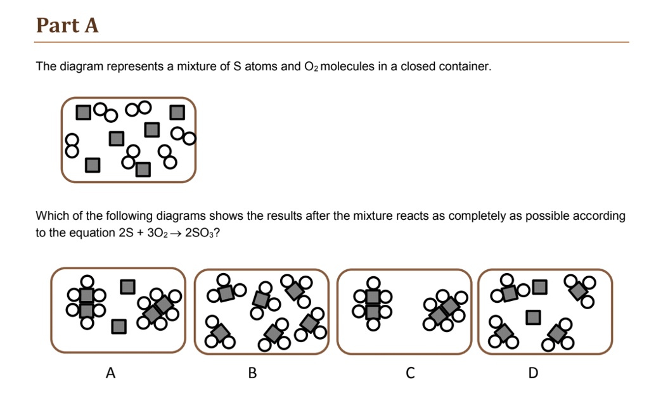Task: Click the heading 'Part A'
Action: (67, 25)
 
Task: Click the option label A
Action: (111, 373)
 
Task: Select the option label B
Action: (252, 373)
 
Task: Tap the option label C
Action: (410, 373)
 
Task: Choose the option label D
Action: (533, 373)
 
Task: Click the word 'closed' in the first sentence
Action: (418, 67)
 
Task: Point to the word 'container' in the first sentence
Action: (468, 67)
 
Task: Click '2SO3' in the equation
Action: (202, 233)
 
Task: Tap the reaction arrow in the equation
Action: (175, 233)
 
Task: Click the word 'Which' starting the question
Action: (50, 216)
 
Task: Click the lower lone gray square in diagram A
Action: (119, 326)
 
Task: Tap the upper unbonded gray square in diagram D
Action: (539, 287)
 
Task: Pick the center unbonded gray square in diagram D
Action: (534, 316)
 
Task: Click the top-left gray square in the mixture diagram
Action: (83, 113)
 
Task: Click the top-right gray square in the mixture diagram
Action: (177, 113)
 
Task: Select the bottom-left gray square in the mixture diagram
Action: (93, 165)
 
